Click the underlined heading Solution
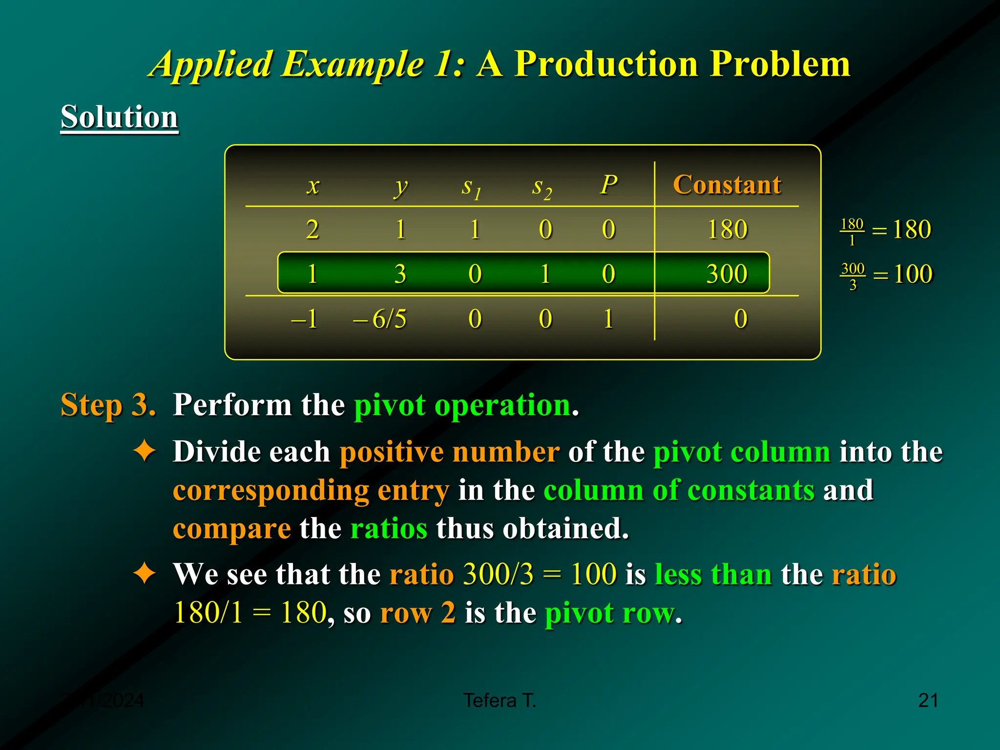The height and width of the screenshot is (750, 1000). tap(119, 117)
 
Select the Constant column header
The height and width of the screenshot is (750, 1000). tap(727, 185)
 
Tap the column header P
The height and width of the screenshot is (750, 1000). tap(608, 185)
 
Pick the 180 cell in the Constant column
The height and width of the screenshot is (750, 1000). tap(727, 229)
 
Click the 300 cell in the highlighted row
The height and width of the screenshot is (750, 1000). tap(727, 274)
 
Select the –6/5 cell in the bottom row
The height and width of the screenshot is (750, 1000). tap(380, 319)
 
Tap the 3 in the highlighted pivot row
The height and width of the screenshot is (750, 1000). tap(400, 274)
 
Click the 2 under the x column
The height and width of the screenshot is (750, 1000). tap(312, 229)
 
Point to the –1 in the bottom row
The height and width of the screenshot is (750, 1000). tap(304, 319)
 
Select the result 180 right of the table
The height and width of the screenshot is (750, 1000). tap(912, 229)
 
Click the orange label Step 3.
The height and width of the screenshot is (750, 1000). tap(108, 405)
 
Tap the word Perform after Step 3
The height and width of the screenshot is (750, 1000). tap(232, 405)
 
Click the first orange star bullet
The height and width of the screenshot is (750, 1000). tap(145, 451)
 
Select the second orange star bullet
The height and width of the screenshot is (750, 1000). tap(145, 573)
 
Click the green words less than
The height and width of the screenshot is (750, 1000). tap(713, 574)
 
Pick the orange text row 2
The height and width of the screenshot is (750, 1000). tap(417, 613)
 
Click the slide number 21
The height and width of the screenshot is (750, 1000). tap(928, 701)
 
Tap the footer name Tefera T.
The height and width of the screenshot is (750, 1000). tap(500, 701)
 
